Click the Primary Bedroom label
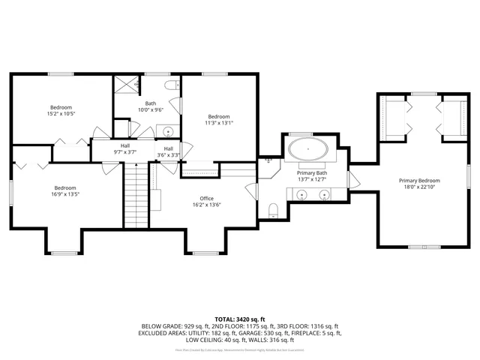pos(419,181)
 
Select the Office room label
pos(207,199)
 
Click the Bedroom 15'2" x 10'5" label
pos(61,107)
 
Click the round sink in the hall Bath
pos(169,132)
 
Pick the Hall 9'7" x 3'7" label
pos(125,146)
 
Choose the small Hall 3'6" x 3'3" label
pos(168,148)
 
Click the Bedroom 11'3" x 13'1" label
pos(219,116)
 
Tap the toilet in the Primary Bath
pos(274,208)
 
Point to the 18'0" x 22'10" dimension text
pos(419,187)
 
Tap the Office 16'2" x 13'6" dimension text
pos(207,205)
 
